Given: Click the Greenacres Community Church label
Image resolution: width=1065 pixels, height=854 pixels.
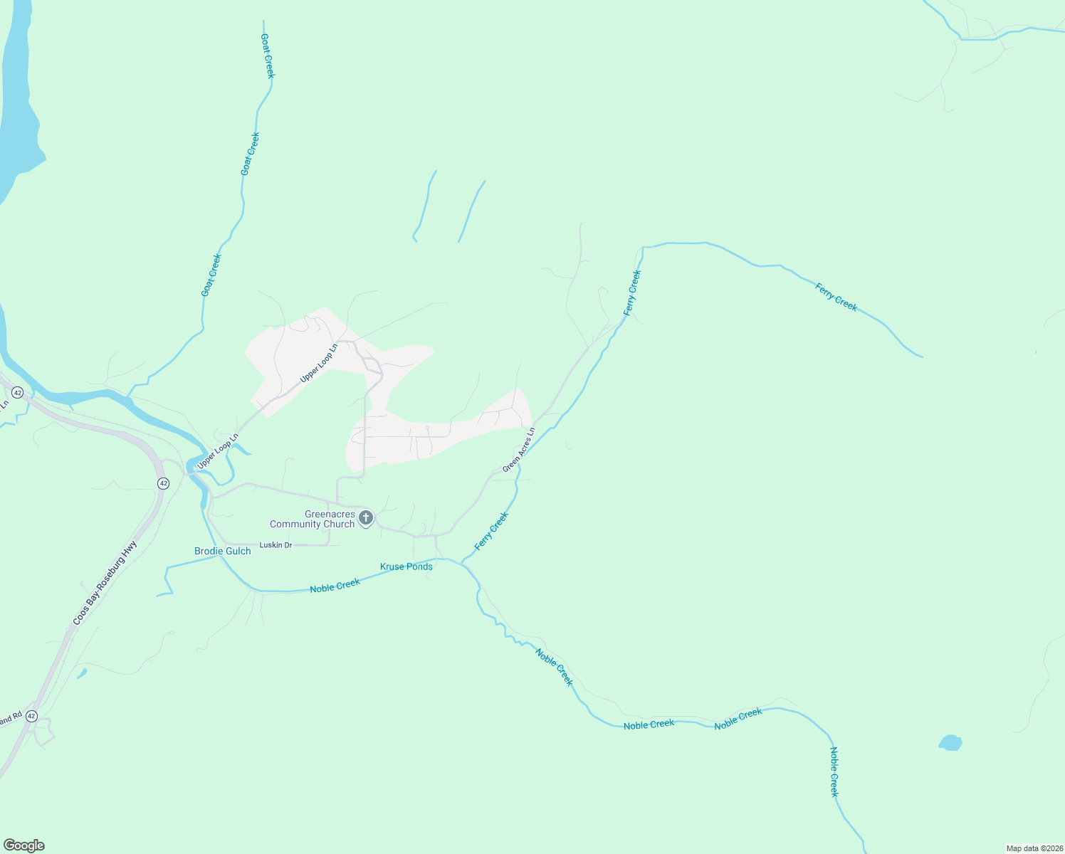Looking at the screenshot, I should [312, 519].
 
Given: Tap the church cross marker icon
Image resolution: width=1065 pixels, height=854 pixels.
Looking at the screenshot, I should [366, 517].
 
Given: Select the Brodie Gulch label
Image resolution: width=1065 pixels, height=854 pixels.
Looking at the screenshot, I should [223, 551].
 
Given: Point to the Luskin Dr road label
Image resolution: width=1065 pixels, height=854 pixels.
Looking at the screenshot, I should [276, 545].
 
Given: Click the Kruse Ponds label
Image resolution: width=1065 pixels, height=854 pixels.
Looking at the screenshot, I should [406, 566].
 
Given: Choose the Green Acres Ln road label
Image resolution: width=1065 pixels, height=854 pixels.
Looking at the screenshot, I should [518, 450].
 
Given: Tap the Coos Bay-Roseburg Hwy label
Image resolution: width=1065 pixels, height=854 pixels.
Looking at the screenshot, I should [105, 583].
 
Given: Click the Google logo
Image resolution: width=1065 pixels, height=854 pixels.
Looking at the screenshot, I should [24, 845].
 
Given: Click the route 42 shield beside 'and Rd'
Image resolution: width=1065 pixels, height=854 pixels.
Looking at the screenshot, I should [31, 717].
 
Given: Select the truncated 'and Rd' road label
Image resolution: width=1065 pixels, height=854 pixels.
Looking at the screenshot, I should [11, 719].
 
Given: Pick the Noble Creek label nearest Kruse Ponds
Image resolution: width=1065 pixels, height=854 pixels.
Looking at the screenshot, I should [335, 586].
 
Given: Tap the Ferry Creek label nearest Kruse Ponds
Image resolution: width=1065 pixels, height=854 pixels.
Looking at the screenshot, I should [492, 531].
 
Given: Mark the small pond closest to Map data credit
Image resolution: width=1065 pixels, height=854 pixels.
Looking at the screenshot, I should [950, 743].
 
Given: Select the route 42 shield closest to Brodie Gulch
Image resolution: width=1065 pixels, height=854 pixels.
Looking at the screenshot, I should [164, 483].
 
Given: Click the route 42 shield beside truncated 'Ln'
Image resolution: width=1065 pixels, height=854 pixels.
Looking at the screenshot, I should [18, 393].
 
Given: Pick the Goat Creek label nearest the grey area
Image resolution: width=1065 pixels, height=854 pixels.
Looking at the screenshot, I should [211, 275].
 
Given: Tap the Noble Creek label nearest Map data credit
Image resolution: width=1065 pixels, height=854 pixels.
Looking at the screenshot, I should [835, 772].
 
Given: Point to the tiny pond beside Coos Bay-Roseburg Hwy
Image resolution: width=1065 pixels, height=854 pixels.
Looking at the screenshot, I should [82, 673].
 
